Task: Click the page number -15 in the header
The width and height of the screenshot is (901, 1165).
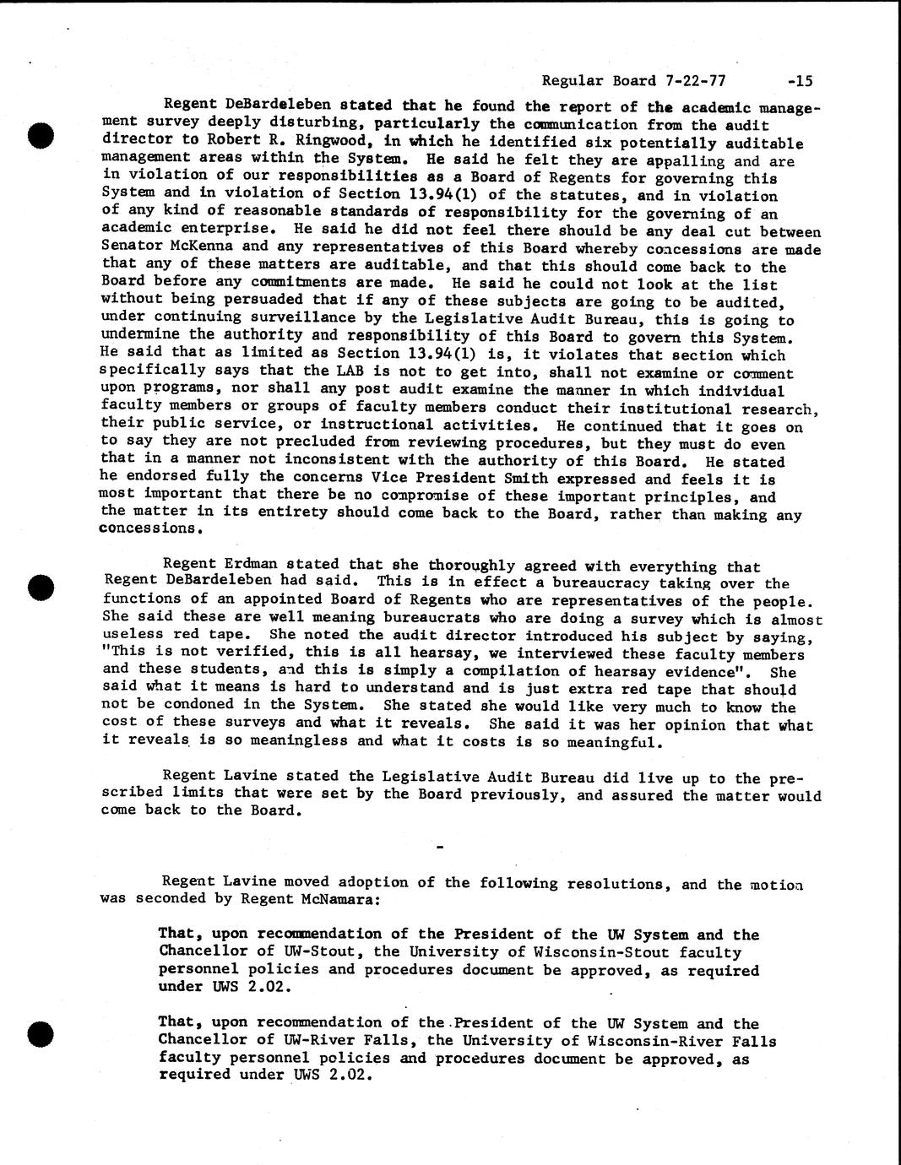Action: tap(799, 81)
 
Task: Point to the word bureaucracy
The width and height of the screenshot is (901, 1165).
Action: tap(608, 583)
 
